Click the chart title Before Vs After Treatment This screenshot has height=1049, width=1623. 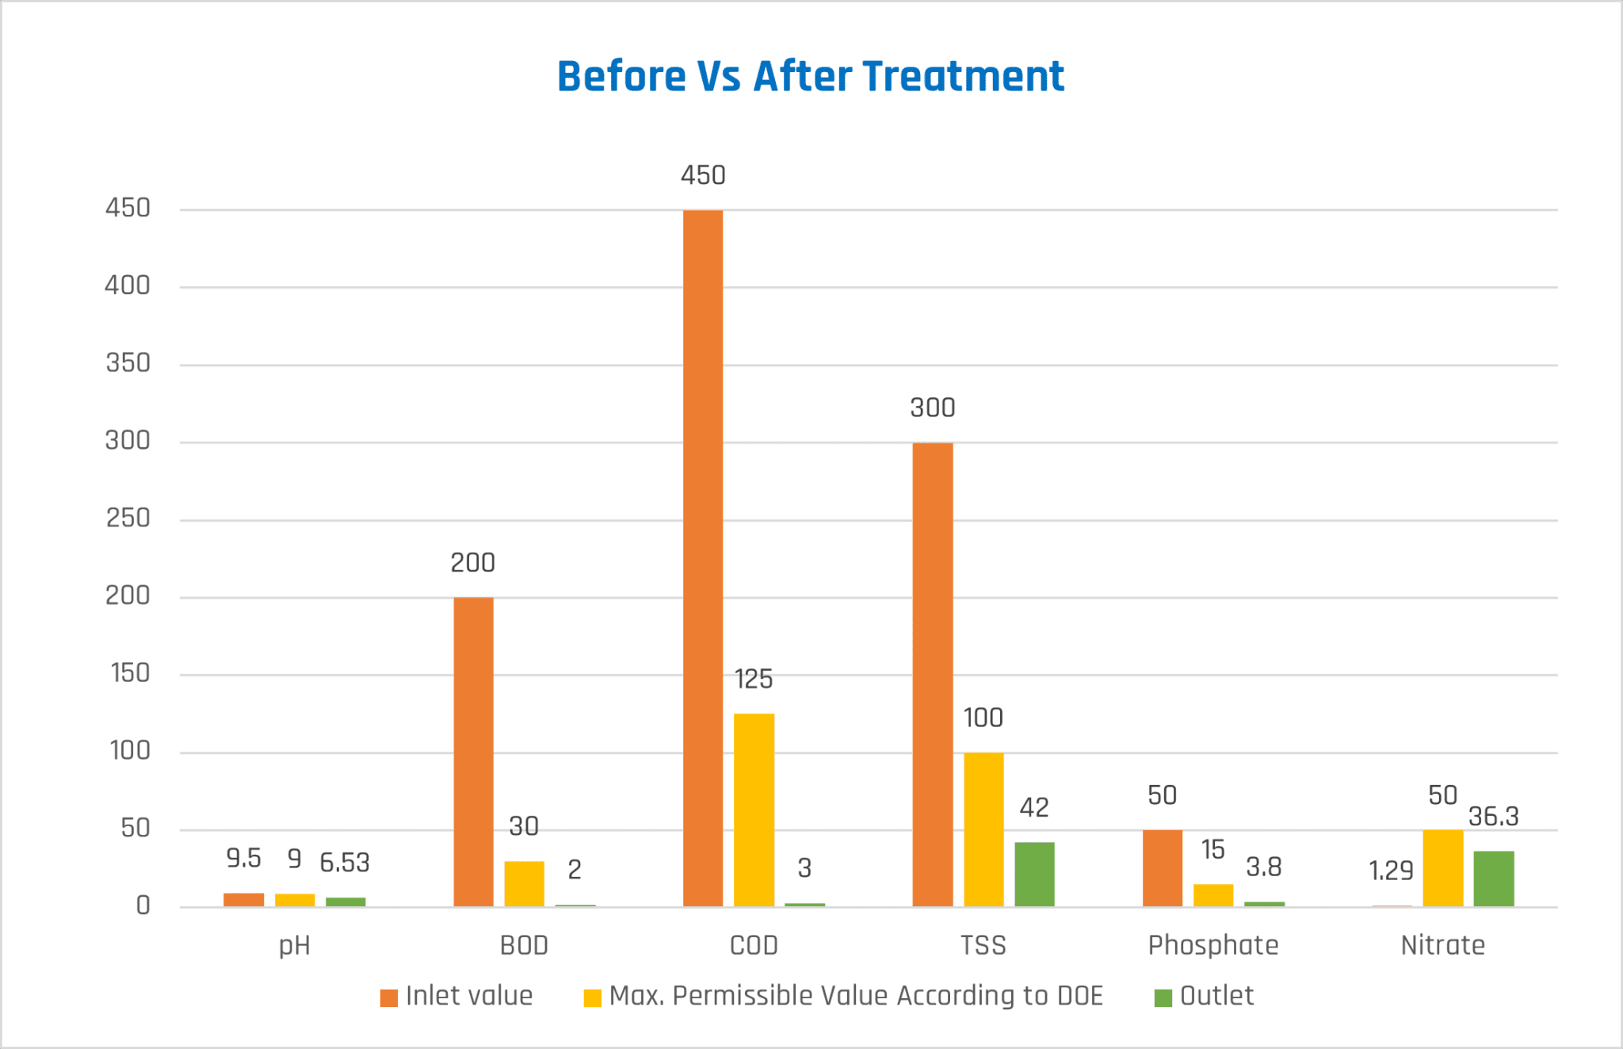point(810,77)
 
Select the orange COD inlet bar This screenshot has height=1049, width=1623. point(703,555)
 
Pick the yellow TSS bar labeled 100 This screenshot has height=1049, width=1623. point(983,829)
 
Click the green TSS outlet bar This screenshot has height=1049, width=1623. point(1034,874)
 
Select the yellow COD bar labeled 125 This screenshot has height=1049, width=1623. point(754,809)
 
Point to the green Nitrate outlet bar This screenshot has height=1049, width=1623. point(1493,879)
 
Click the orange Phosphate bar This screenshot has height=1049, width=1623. point(1162,867)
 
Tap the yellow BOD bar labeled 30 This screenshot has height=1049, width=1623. point(524,883)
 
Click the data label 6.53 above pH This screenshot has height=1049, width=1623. point(345,863)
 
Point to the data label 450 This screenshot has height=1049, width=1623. point(703,175)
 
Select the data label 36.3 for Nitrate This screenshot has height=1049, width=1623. point(1493,817)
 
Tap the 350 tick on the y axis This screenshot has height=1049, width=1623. point(128,363)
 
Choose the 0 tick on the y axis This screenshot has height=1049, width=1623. point(143,905)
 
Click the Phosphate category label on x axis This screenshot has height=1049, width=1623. point(1212,945)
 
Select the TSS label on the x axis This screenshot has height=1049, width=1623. point(983,945)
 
